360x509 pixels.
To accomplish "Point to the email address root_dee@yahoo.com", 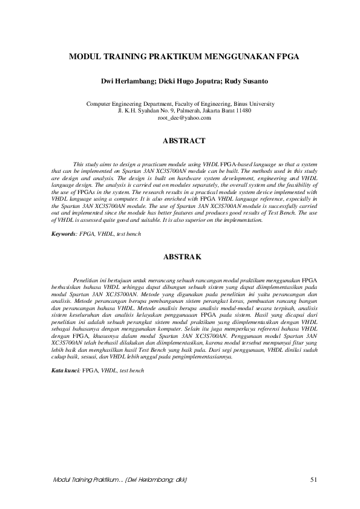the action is [x=184, y=118].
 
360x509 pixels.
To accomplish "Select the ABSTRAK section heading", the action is [x=185, y=256].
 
